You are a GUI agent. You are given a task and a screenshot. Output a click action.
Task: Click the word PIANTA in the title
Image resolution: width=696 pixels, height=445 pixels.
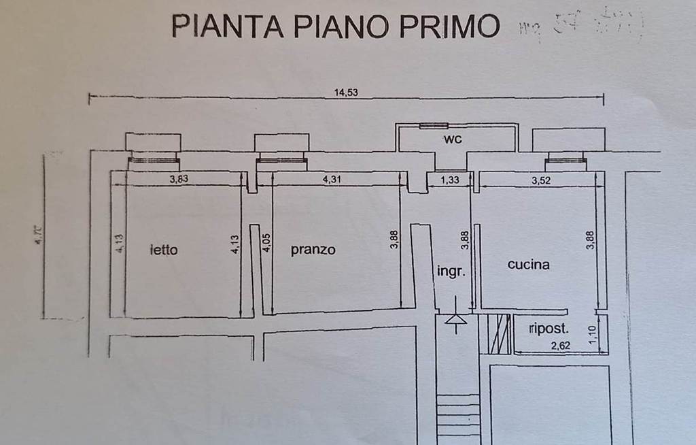(226, 26)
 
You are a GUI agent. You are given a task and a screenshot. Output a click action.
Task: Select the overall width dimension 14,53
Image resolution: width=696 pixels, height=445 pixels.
(346, 93)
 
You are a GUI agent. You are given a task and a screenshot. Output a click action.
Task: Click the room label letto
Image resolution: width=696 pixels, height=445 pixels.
(163, 250)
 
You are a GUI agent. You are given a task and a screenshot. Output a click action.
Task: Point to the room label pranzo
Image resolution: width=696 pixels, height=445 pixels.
(313, 250)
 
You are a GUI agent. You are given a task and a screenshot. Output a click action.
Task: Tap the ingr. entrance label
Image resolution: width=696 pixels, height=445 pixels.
(451, 271)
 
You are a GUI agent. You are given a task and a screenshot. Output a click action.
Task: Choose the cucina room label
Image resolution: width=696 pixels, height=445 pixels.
(528, 265)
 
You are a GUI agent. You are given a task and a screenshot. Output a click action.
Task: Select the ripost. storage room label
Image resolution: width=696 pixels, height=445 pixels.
(549, 329)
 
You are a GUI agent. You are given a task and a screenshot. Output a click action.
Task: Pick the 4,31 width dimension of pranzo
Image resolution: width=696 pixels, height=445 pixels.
(332, 180)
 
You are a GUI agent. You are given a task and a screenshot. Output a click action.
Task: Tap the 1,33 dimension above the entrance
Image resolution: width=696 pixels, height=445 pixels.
(449, 180)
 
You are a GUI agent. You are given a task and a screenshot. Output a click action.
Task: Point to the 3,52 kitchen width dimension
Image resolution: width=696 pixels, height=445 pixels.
(541, 180)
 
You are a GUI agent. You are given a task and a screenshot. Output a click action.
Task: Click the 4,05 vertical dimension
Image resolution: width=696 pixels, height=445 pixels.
(266, 243)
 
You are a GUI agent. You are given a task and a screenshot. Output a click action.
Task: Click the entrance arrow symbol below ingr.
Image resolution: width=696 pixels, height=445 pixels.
(455, 320)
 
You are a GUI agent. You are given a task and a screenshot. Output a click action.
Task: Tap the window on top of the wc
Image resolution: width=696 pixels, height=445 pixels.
(433, 126)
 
